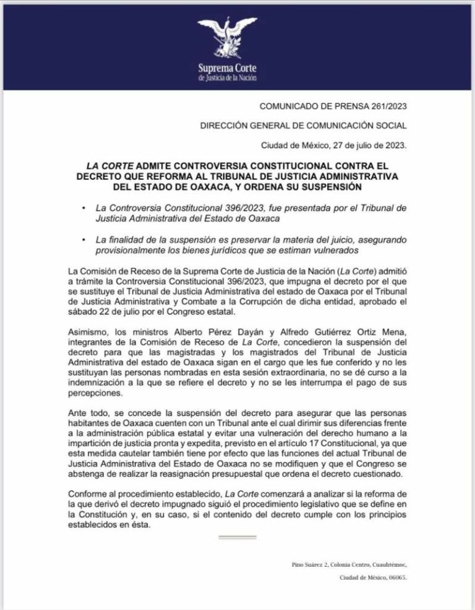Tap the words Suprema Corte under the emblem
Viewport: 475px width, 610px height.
(227, 67)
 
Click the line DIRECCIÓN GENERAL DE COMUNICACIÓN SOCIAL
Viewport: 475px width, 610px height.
(303, 125)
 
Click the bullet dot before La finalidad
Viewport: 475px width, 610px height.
(83, 240)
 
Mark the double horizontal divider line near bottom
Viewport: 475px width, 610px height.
(237, 538)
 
